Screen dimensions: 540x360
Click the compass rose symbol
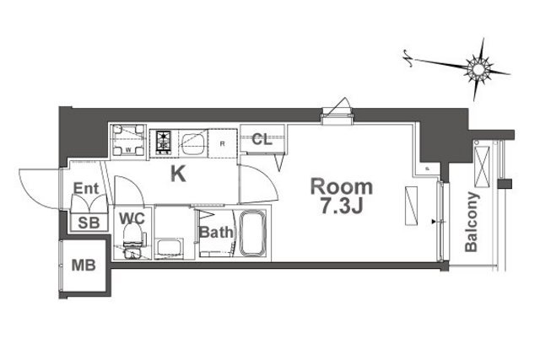(478, 70)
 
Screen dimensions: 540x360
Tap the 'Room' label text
(342, 187)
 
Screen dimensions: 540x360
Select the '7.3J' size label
(342, 207)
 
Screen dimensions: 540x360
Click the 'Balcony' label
(472, 222)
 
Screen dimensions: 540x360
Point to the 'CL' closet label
(262, 139)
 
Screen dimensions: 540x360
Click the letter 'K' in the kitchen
(178, 174)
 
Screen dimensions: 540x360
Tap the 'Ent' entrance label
(86, 188)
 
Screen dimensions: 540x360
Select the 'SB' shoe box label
(89, 223)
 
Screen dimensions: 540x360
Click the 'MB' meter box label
(84, 266)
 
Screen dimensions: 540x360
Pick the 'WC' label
(132, 218)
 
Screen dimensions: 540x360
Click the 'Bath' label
(216, 233)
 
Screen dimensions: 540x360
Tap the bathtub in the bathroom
(253, 234)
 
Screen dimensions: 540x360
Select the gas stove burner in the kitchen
(163, 142)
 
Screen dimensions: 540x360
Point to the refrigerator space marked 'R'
(222, 143)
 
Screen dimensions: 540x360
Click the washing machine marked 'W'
(128, 140)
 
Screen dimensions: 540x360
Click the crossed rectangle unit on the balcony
(482, 167)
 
